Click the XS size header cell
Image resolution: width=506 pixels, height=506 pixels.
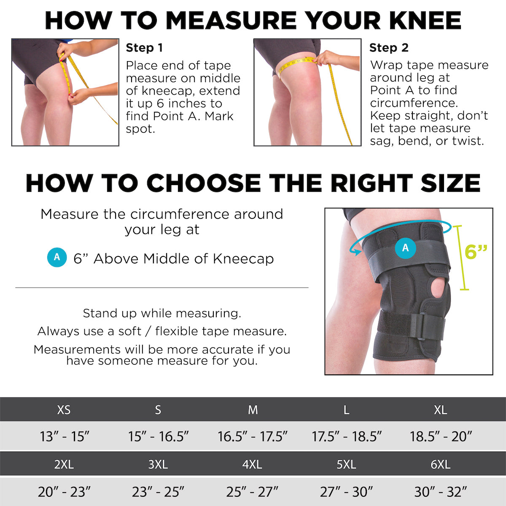point(64,409)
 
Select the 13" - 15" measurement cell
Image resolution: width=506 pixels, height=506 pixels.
point(65,436)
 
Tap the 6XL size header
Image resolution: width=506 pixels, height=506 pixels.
point(440,464)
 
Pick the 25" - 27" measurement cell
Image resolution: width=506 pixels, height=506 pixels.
point(252,491)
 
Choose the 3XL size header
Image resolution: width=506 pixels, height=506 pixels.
point(158,464)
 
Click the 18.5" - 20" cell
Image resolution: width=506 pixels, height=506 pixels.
point(441,436)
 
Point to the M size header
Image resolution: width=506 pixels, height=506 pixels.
point(253,409)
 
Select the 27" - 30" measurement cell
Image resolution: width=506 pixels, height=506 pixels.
point(346,491)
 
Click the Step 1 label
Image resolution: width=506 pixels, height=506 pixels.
point(144,48)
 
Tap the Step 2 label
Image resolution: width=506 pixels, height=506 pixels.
point(389,48)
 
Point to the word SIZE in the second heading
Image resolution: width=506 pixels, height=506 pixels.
point(447,183)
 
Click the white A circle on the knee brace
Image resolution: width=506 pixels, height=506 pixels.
point(405,248)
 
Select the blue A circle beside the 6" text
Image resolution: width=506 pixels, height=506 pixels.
point(57,257)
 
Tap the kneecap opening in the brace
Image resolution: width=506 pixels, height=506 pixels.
point(438,288)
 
